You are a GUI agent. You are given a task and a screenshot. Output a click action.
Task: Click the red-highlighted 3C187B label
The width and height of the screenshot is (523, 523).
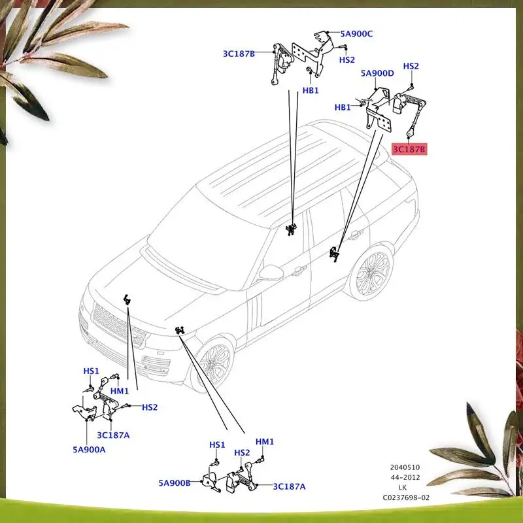(x=409, y=150)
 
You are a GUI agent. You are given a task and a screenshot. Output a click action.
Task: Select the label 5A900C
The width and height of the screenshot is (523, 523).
(x=356, y=34)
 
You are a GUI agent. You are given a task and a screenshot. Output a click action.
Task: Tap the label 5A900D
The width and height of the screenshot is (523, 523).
(x=377, y=73)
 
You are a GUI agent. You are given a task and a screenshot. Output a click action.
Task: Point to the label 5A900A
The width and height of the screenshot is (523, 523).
(x=88, y=449)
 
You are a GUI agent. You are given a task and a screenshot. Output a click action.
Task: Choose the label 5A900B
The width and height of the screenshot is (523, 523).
(x=174, y=484)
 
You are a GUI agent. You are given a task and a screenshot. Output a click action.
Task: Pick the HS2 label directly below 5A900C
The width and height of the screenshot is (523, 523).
(x=346, y=59)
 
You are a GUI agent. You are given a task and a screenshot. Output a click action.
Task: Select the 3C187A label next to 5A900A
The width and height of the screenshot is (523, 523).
(x=113, y=435)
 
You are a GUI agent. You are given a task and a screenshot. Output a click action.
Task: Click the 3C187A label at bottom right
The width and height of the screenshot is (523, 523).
(x=289, y=486)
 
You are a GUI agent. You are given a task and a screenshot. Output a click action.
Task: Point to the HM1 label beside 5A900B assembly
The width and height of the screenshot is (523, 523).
(x=265, y=442)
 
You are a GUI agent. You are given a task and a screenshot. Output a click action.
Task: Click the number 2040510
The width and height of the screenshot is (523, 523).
(x=406, y=468)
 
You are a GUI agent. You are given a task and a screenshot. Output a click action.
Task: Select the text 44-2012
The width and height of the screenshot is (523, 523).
(x=406, y=478)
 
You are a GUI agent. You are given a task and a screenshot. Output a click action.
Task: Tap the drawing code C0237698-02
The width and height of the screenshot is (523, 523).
(x=406, y=498)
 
